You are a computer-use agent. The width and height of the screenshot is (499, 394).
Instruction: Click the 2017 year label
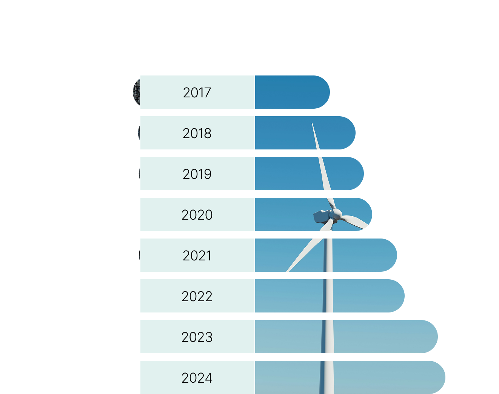click(197, 92)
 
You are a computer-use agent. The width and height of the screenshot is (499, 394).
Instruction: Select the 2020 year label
click(197, 215)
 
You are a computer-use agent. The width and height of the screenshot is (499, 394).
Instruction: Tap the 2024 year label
click(197, 378)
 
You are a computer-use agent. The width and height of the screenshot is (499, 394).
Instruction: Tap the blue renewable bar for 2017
click(291, 92)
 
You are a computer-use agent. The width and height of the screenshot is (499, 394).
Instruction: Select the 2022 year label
click(197, 296)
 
